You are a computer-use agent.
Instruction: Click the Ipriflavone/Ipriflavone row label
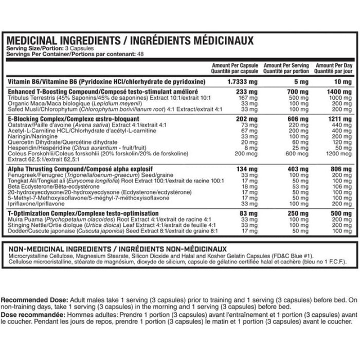pyautogui.click(x=37, y=203)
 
